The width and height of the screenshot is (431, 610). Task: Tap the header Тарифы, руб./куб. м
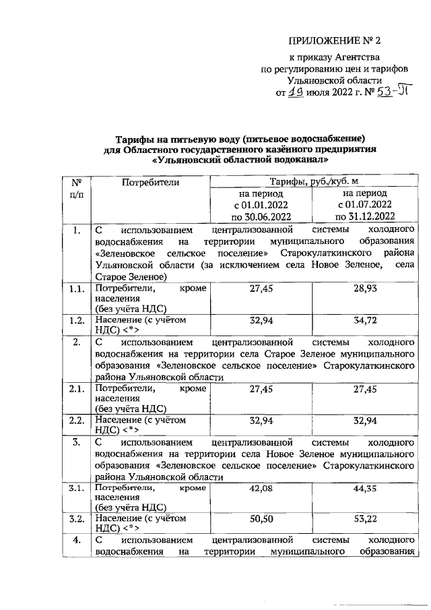(312, 181)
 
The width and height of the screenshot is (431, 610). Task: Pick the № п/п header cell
(76, 188)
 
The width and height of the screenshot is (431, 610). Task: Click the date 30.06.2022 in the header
(260, 217)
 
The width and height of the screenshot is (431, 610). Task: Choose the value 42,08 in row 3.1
(260, 488)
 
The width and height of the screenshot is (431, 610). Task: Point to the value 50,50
(260, 520)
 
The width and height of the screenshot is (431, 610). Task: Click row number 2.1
(75, 389)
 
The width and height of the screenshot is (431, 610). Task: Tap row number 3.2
(75, 520)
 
